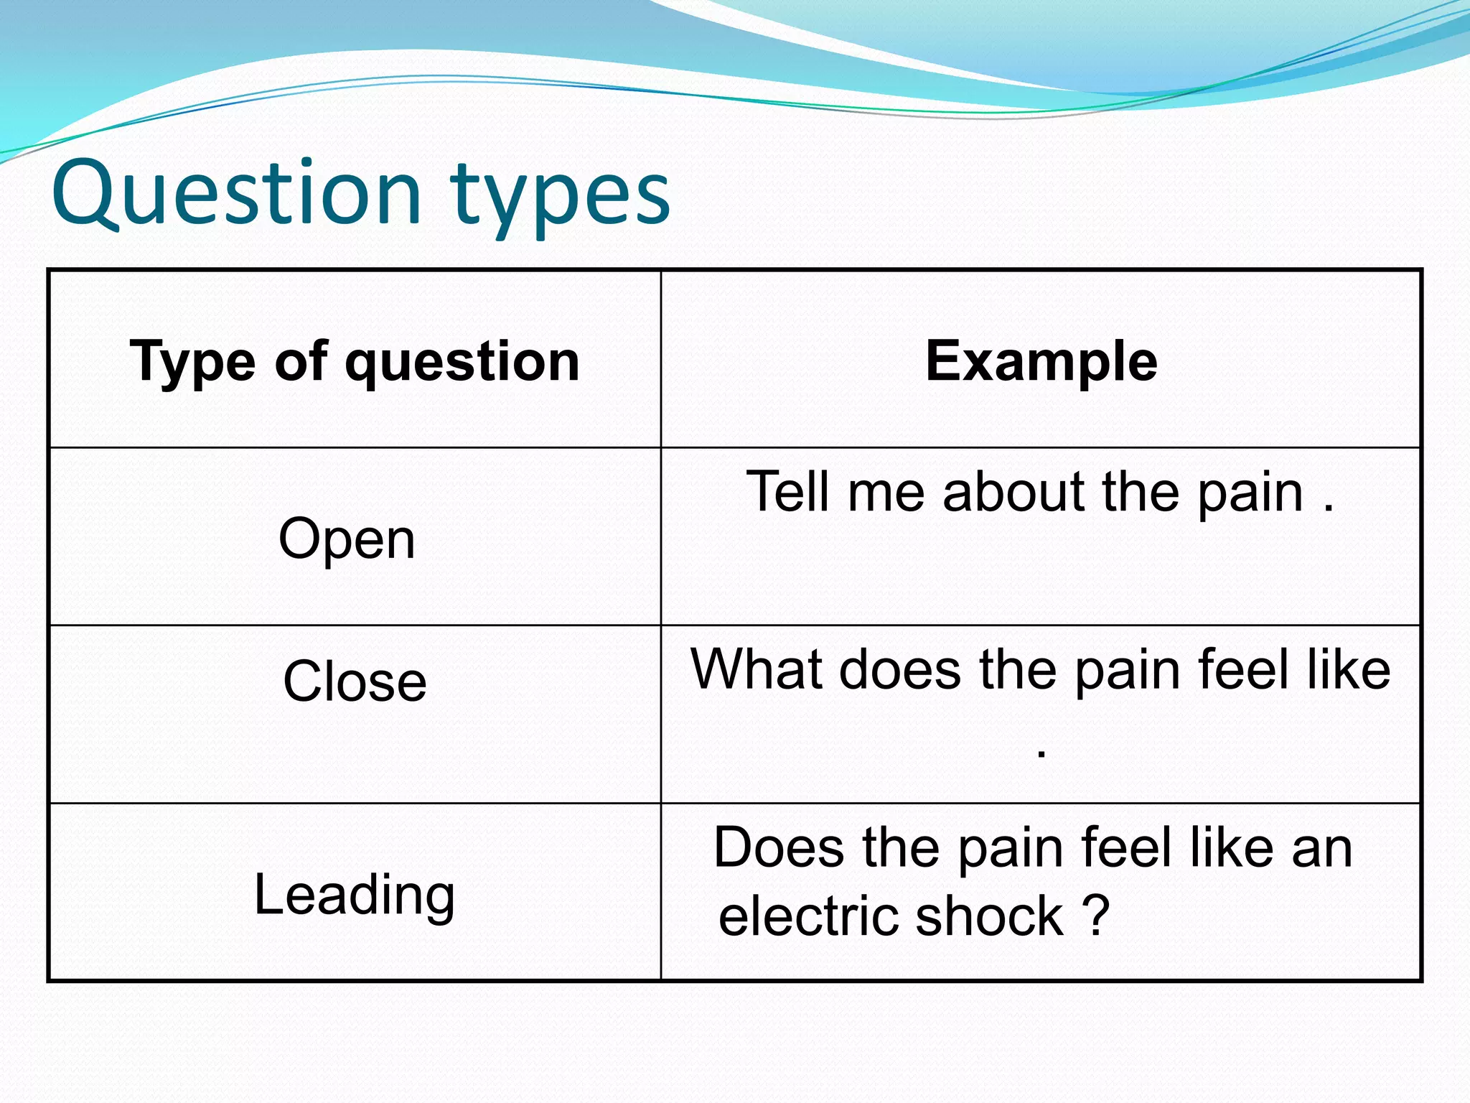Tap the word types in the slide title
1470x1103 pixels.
(x=560, y=197)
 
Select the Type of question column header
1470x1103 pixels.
(x=355, y=361)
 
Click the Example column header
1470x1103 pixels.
(x=1041, y=361)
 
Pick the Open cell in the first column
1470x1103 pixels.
(x=347, y=539)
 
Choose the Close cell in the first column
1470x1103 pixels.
(x=355, y=681)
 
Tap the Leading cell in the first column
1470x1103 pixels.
(x=355, y=895)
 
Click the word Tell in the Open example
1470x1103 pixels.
(x=789, y=492)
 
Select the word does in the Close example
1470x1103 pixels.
(x=900, y=669)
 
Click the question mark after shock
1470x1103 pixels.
(x=1096, y=916)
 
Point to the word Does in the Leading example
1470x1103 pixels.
(x=779, y=847)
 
